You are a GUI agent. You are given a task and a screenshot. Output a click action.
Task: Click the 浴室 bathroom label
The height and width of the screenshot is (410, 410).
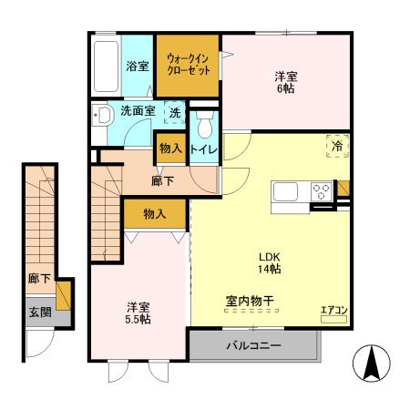(x=137, y=66)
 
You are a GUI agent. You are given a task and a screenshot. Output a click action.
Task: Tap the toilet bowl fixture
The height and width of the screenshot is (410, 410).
(x=204, y=122)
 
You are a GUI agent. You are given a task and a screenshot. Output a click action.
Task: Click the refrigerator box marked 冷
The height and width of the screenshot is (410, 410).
(x=337, y=146)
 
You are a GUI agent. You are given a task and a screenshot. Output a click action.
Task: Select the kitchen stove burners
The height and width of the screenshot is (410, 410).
(x=321, y=193)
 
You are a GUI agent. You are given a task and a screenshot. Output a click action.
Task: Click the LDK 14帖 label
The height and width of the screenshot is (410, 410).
(x=269, y=262)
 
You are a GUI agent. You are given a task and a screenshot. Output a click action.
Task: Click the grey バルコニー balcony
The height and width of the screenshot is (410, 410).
(x=254, y=346)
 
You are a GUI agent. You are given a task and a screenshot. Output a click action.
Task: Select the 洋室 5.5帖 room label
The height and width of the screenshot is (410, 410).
(x=138, y=313)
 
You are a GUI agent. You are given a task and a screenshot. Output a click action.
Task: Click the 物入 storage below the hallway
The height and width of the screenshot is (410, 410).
(x=155, y=214)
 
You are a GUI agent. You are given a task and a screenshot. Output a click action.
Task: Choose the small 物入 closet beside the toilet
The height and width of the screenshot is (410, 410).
(x=170, y=148)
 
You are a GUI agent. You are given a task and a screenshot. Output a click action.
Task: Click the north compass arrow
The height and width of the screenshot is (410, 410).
(x=373, y=364)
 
